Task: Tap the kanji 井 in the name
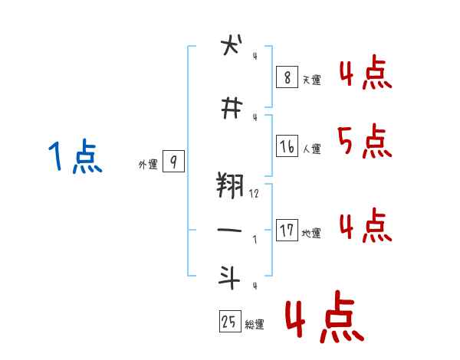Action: coord(228,109)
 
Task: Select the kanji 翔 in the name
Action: coord(230,185)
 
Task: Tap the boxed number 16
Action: coord(286,146)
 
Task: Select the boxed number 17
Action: coord(286,230)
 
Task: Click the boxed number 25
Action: coord(228,322)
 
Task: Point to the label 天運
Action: coord(311,80)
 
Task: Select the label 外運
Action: coord(147,164)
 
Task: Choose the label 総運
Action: coord(255,325)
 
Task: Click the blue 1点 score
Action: coord(74,158)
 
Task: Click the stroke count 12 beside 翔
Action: coord(254,195)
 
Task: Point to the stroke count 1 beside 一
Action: coord(255,239)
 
